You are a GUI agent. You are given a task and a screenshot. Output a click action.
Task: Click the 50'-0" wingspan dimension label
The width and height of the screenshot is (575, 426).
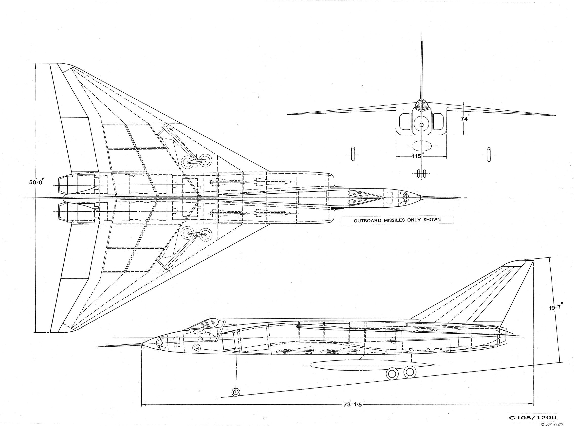[x=37, y=182]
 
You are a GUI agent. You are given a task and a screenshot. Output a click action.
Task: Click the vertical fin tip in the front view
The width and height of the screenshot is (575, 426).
[x=422, y=42]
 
